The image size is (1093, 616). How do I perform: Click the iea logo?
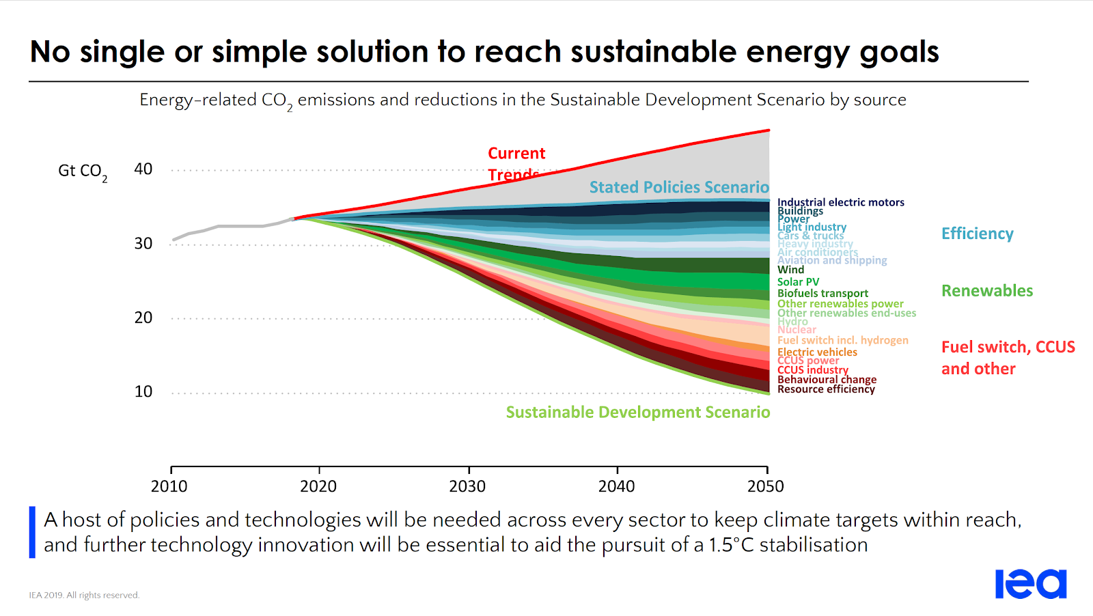click(x=1030, y=584)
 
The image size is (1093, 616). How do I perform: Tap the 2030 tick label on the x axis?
click(x=467, y=486)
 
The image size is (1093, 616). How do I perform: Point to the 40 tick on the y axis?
click(x=143, y=169)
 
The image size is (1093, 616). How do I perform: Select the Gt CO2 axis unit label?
click(x=82, y=171)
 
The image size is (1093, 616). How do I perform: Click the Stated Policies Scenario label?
click(x=678, y=187)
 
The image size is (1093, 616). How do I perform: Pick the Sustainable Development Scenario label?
click(x=637, y=412)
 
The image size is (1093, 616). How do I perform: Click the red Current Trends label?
click(x=516, y=163)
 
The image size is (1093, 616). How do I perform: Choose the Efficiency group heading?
click(x=977, y=234)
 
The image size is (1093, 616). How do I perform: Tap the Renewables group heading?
click(x=986, y=291)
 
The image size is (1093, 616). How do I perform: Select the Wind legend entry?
click(x=790, y=270)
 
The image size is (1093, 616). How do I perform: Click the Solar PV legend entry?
click(x=798, y=282)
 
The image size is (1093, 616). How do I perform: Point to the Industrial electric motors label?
click(x=840, y=202)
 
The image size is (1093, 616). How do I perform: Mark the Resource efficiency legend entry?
click(x=826, y=389)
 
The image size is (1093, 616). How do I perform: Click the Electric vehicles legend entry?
click(x=817, y=352)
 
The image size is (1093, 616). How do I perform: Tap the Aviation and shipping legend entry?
click(x=832, y=260)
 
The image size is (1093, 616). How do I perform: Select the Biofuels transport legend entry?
click(x=822, y=294)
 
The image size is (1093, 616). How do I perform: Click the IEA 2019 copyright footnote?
click(x=84, y=596)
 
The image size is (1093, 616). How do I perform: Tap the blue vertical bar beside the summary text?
click(x=32, y=532)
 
